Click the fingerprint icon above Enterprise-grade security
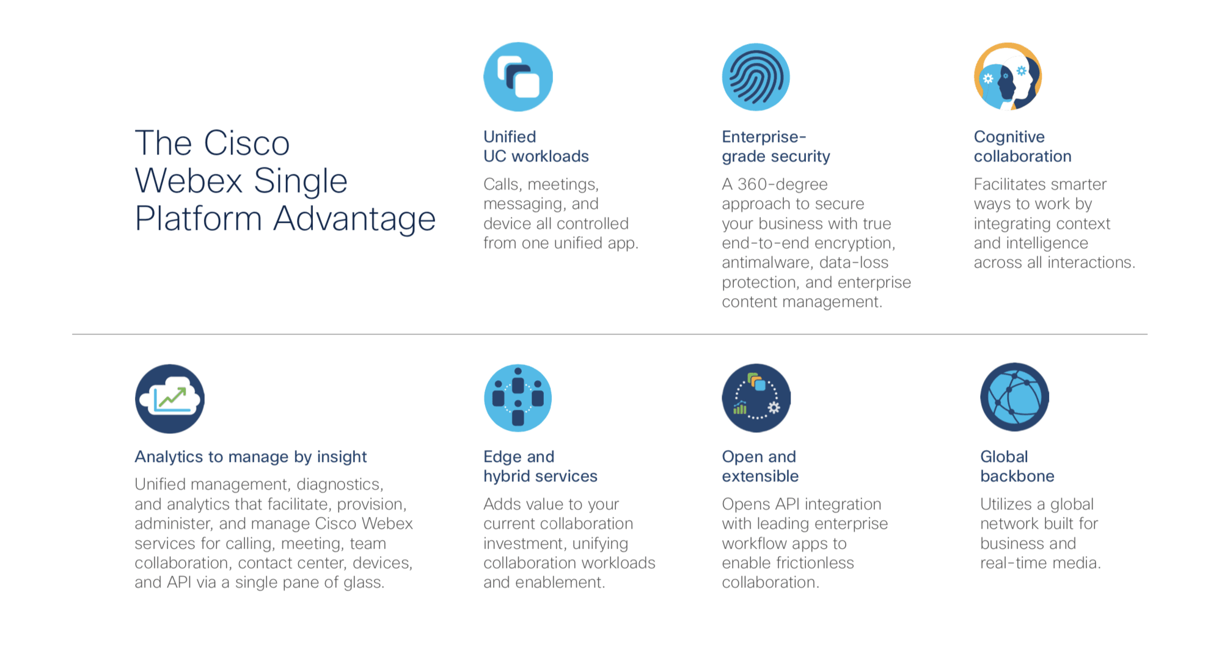(756, 77)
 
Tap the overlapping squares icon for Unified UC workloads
(518, 77)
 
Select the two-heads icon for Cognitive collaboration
(1008, 76)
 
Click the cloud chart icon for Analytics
(170, 398)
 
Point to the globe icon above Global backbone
(1015, 397)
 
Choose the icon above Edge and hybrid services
(518, 398)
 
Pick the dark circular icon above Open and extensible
(756, 398)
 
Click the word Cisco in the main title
(247, 143)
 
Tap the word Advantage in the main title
(354, 219)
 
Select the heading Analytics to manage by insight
(251, 457)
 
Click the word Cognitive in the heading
(1009, 137)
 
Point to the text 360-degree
(783, 184)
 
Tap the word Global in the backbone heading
(1004, 457)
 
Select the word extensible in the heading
(760, 476)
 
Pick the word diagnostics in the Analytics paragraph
(340, 484)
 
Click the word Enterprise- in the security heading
(764, 137)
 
